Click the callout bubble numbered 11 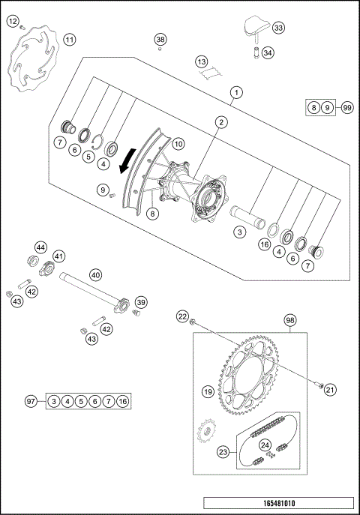pos(69,40)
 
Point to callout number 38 pos(160,39)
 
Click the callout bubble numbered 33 pos(279,28)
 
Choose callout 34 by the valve pos(268,53)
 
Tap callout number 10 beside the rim pos(178,142)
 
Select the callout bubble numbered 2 pos(221,121)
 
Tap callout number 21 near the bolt pos(331,388)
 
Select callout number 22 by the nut pos(182,318)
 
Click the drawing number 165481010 pos(277,505)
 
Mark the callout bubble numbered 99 pos(346,109)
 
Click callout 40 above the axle pos(95,274)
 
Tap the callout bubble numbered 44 pos(40,247)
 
